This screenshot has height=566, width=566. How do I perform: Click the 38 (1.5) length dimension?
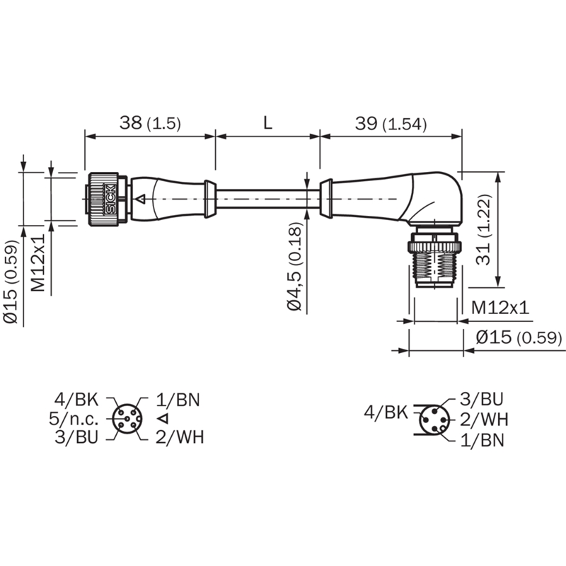150,123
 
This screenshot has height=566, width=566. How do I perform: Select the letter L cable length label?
267,123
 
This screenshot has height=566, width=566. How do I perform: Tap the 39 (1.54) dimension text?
391,124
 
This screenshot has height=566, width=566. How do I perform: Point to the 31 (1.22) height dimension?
484,230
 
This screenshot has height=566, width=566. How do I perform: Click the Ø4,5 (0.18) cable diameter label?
295,266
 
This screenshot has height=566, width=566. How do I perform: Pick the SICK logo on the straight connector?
110,200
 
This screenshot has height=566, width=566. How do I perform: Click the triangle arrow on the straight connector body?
140,199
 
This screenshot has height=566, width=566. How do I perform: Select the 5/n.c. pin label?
74,419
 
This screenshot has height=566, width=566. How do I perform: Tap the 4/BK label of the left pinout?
76,400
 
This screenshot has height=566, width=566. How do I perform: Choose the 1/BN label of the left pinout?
178,400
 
